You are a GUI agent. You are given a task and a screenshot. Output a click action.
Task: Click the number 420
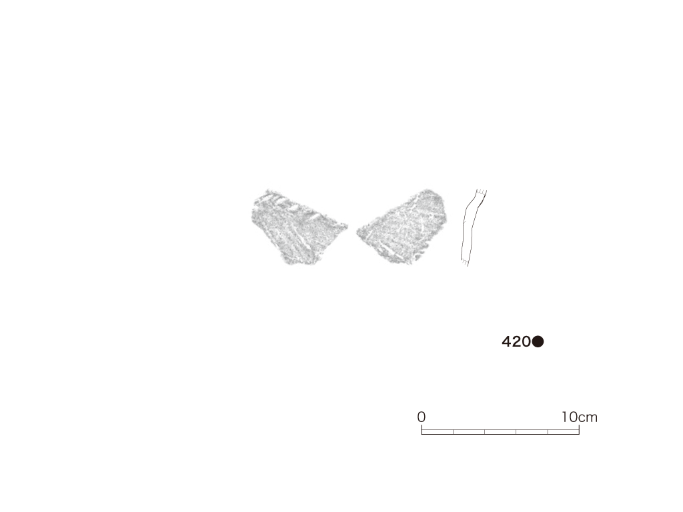coord(516,342)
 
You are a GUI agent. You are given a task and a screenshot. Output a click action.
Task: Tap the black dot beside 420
coord(538,342)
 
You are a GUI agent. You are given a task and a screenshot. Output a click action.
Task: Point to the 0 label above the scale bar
coord(422,417)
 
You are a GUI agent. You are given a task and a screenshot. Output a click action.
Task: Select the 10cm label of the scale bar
coord(580,417)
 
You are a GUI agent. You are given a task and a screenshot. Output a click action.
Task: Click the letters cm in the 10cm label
coord(588,418)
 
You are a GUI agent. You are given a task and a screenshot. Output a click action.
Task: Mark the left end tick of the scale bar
coord(422,430)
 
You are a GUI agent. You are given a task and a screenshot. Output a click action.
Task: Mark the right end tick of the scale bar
coord(579,430)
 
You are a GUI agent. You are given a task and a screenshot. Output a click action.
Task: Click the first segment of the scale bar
coord(438,432)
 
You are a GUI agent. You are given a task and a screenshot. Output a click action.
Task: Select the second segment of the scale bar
coord(469,432)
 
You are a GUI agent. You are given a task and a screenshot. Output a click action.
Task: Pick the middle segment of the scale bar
coord(500,432)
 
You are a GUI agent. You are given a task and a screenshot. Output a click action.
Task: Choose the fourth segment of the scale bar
coord(532,432)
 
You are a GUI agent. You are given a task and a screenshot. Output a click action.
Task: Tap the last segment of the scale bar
coord(563,432)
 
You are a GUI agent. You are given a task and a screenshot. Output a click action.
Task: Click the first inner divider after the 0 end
coord(454,432)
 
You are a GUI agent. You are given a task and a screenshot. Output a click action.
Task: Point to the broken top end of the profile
coord(482,191)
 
